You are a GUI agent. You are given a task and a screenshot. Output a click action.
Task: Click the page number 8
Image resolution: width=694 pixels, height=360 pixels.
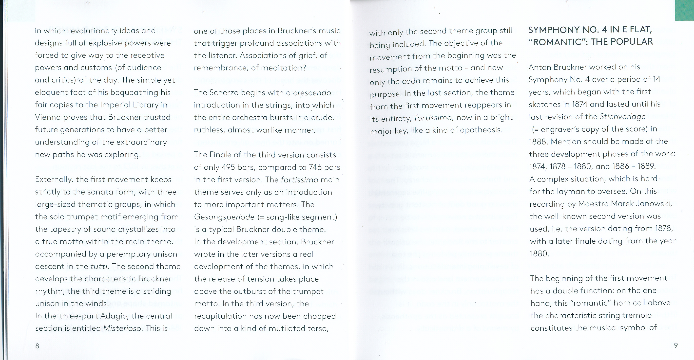(x=37, y=346)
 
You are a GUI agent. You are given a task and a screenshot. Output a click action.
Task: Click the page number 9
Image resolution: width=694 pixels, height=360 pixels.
(x=676, y=345)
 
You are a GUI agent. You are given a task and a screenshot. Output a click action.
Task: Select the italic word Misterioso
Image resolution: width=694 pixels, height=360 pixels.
(x=122, y=328)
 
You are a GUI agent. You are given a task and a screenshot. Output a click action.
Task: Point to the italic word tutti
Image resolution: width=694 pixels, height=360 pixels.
(x=99, y=266)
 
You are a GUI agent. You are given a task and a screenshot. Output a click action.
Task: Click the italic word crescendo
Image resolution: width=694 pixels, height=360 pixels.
(x=312, y=93)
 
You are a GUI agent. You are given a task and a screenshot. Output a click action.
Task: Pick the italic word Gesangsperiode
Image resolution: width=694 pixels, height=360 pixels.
(x=224, y=217)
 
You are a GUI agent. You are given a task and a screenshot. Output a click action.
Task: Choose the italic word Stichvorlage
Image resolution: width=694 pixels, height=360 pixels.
(x=623, y=117)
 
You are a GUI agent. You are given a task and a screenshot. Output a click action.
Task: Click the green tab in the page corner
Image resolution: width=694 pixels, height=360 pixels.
(x=684, y=10)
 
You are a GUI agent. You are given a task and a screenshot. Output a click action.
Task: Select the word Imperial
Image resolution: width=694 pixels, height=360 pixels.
(x=117, y=105)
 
